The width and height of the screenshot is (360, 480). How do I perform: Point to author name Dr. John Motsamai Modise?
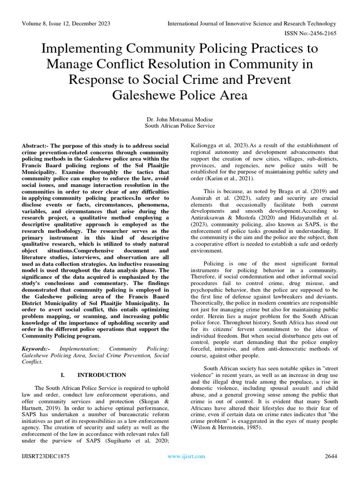pos(180,119)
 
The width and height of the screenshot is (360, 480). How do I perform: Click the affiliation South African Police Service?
pos(180,126)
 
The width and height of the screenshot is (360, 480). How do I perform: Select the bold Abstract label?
pos(35,146)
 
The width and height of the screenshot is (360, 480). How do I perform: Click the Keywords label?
pos(37,349)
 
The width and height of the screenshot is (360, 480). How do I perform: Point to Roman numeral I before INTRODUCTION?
pos(62,375)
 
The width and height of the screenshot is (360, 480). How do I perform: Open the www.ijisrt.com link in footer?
pos(180,456)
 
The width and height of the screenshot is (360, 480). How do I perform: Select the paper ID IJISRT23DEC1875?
pos(45,456)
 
